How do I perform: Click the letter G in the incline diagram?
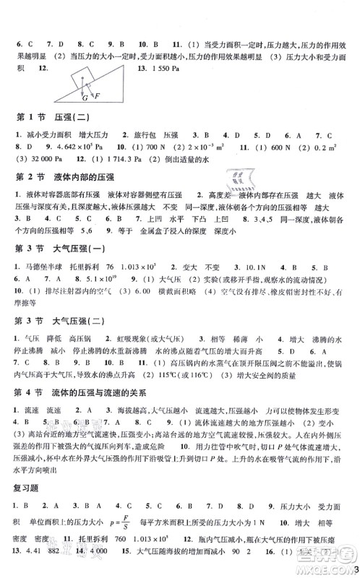coord(85,96)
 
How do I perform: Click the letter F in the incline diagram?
coord(95,96)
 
